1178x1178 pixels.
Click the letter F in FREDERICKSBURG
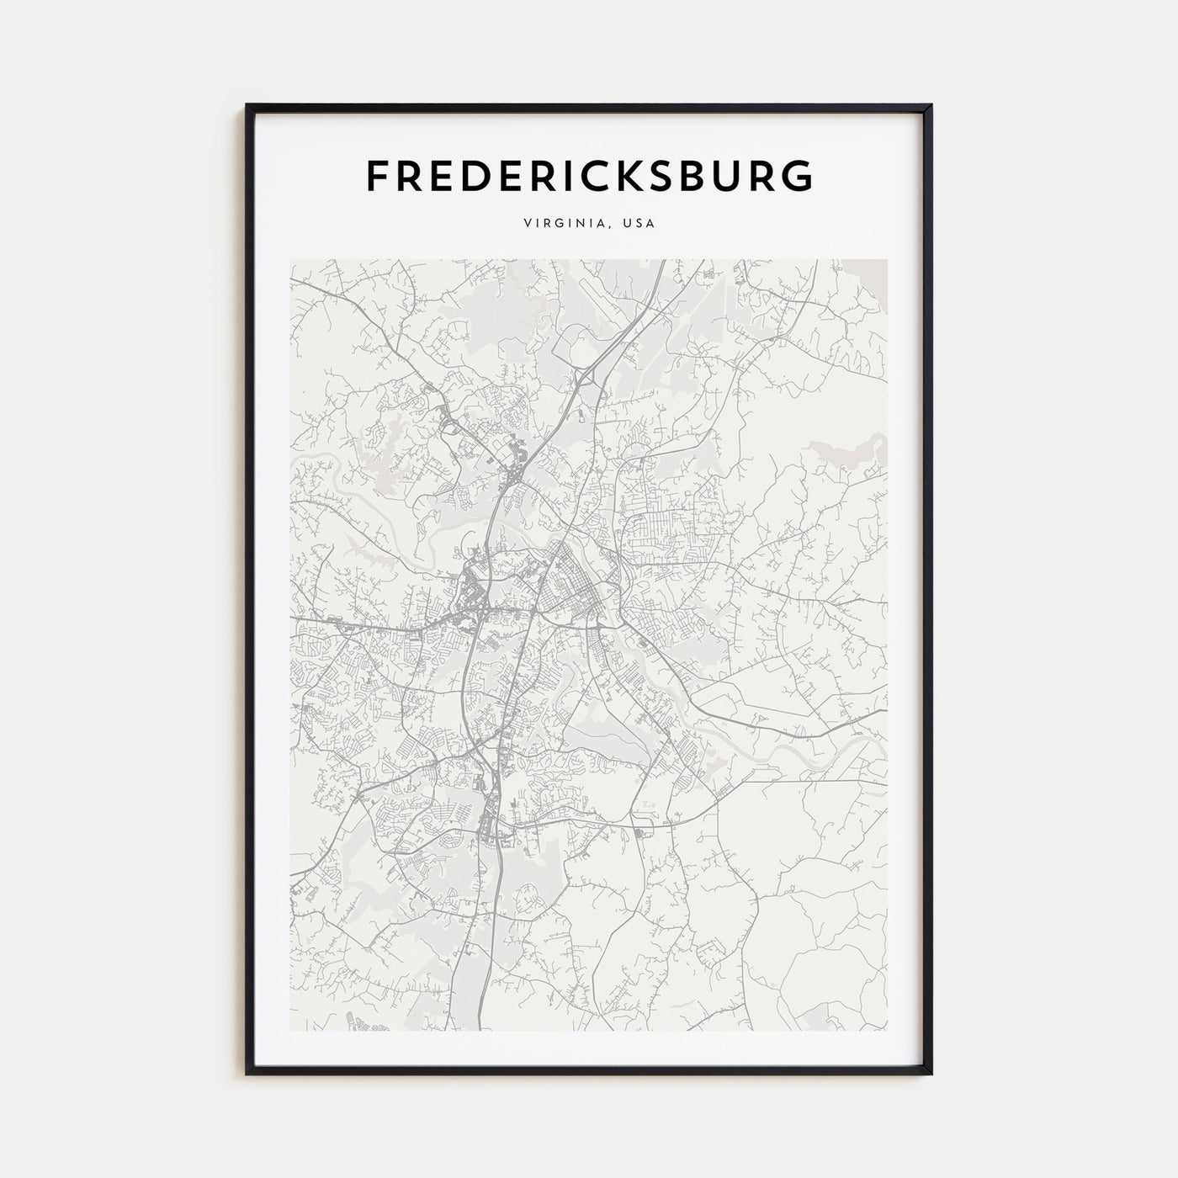click(376, 175)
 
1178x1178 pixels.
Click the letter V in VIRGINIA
click(527, 224)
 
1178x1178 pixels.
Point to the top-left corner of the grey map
click(291, 260)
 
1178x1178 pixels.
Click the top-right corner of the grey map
click(887, 260)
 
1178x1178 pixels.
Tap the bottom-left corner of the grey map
click(291, 1031)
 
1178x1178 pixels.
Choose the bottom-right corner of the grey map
click(887, 1031)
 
